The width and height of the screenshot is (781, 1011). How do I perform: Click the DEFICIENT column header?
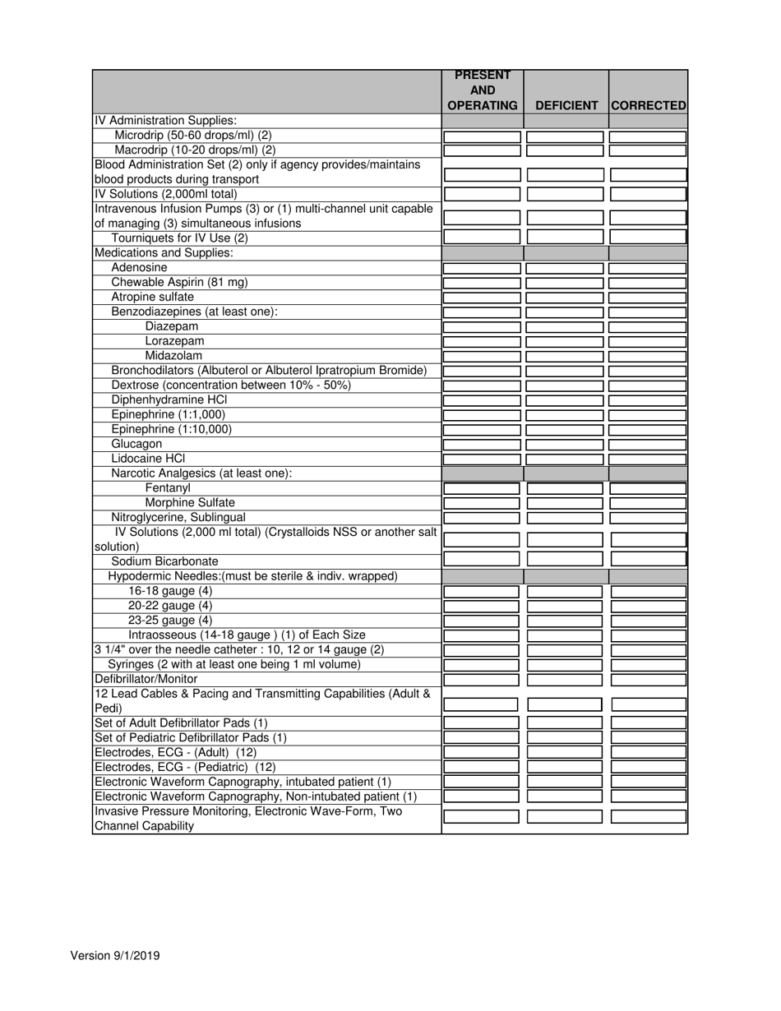566,105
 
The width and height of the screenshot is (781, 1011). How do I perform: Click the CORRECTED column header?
648,105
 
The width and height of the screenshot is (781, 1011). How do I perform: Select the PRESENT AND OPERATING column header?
483,90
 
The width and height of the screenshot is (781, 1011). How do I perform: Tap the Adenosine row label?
139,268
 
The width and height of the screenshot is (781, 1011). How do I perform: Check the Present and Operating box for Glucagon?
483,445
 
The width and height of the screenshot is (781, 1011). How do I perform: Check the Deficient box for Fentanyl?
566,488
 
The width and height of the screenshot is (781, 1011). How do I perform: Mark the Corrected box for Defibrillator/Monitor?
648,680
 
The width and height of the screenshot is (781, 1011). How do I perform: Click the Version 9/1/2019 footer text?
115,955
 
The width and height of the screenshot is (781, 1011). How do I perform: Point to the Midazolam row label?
173,356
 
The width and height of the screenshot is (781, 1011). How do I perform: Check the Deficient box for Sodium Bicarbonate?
566,559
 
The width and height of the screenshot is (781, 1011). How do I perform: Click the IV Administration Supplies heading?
165,121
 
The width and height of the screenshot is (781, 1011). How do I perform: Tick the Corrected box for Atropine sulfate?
648,298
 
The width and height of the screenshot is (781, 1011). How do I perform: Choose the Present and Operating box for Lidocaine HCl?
483,459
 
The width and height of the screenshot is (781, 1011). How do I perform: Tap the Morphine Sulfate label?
190,503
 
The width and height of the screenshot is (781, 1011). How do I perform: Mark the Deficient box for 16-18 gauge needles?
566,592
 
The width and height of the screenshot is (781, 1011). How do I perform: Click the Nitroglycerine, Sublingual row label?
178,518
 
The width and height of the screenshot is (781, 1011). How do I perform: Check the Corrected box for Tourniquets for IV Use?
648,236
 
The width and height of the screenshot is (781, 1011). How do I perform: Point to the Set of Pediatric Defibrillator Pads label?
191,738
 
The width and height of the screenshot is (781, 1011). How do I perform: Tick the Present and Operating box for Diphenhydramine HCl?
483,400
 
